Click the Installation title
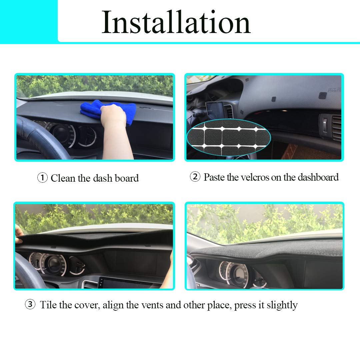pyautogui.click(x=176, y=23)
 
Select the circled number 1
pyautogui.click(x=42, y=178)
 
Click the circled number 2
pyautogui.click(x=195, y=177)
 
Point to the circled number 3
pyautogui.click(x=30, y=304)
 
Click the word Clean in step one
pyautogui.click(x=63, y=178)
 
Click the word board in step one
pyautogui.click(x=126, y=178)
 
